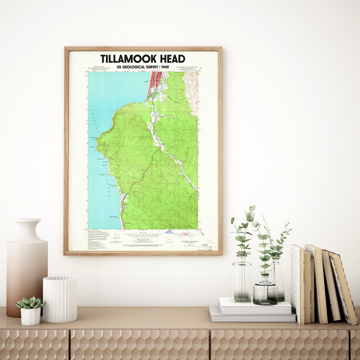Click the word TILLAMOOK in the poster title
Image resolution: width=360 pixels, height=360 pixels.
coord(128,59)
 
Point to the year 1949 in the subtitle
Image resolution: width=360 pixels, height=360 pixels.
coord(164,67)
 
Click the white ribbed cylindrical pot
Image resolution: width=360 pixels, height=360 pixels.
coord(60,299)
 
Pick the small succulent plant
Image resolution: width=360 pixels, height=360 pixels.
coord(30,302)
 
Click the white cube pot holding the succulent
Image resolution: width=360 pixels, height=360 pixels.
coord(31,316)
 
